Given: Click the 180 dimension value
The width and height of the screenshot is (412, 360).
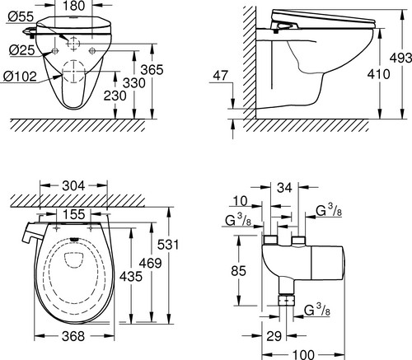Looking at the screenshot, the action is pyautogui.click(x=73, y=6).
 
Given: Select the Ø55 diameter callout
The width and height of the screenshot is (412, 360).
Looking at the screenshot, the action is pyautogui.click(x=21, y=16).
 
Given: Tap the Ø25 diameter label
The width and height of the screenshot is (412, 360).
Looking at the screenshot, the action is pyautogui.click(x=22, y=50).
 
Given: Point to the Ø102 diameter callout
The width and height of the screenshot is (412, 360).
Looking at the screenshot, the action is pyautogui.click(x=20, y=76).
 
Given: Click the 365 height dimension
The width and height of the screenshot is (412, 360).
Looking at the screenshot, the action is pyautogui.click(x=152, y=69).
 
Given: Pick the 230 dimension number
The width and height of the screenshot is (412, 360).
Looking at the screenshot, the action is pyautogui.click(x=115, y=96).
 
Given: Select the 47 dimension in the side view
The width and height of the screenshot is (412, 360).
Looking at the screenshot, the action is pyautogui.click(x=221, y=75).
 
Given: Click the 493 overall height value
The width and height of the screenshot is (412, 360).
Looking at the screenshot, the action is pyautogui.click(x=400, y=58).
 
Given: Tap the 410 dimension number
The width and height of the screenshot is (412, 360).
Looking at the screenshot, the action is pyautogui.click(x=378, y=74).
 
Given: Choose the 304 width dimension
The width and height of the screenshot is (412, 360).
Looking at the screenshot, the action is pyautogui.click(x=73, y=186).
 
